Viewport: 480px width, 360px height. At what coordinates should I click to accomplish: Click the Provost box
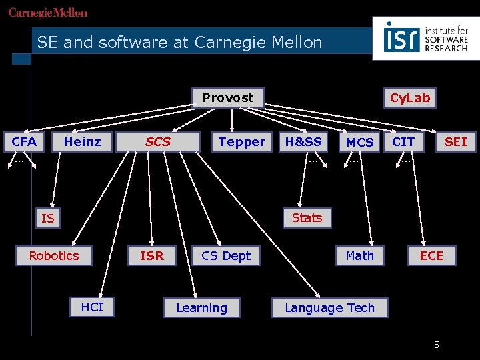coord(228,98)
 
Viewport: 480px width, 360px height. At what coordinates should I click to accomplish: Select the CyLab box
coord(410,98)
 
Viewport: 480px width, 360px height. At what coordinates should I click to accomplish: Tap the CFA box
coord(24,141)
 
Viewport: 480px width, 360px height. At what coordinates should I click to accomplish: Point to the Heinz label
coord(82,141)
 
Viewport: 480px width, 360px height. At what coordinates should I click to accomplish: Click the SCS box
coord(158,141)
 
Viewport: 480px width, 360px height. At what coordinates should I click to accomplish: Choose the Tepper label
coord(241,141)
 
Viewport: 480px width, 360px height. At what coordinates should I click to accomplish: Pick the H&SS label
coord(303,141)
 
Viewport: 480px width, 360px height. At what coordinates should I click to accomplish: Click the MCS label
coord(360,142)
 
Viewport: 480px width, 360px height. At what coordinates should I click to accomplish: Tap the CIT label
coord(403,141)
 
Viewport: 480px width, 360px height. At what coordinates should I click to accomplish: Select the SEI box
coord(456,141)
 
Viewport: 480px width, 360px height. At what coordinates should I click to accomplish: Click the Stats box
coord(307,217)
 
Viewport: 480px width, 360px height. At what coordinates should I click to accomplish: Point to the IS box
coord(47,218)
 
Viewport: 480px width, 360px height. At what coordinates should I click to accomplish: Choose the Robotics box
coord(54,255)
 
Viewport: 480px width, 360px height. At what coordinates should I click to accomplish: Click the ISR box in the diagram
coord(152,255)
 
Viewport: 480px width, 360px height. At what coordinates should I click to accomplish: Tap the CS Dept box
coord(226,255)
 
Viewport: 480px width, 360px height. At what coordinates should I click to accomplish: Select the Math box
coord(360,255)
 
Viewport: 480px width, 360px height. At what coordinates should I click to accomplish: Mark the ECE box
coord(431,255)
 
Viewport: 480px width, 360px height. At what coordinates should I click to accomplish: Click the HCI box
coord(92,307)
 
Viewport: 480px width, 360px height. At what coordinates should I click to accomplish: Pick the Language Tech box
coord(330,307)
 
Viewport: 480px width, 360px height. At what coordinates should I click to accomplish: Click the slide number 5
coord(437,345)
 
